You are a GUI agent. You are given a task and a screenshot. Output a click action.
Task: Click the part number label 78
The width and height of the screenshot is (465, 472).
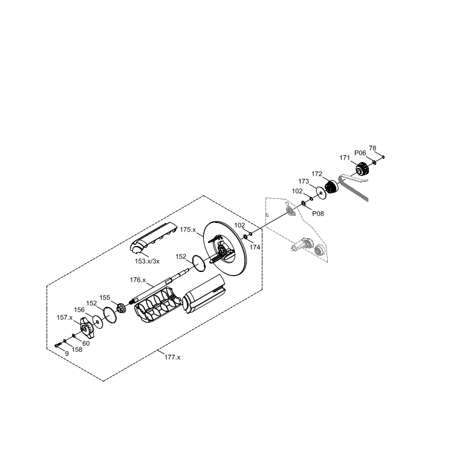click(372, 148)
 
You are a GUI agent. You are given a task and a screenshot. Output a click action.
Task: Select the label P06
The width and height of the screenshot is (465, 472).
click(360, 154)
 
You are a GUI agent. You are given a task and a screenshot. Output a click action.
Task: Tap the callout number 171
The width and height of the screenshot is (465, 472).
click(345, 158)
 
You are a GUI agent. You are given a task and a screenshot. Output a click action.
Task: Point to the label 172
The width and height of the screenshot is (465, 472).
click(317, 174)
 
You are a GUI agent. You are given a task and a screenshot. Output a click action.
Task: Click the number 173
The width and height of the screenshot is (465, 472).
click(304, 181)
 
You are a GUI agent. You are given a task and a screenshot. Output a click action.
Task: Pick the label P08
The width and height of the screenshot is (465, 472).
click(318, 213)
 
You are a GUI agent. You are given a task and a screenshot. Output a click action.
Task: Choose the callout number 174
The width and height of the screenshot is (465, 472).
click(255, 247)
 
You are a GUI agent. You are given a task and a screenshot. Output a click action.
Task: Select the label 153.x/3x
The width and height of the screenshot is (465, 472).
click(147, 261)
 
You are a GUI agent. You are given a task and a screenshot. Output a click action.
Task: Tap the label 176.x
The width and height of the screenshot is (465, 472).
click(138, 280)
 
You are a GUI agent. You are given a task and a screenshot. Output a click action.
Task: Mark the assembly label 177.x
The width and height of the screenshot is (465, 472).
click(172, 357)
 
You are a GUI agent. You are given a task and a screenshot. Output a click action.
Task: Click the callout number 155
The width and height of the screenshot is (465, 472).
click(105, 297)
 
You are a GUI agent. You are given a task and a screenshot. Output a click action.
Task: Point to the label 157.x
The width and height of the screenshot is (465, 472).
click(65, 317)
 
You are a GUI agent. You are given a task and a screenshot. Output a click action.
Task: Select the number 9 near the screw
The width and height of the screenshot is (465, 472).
click(67, 354)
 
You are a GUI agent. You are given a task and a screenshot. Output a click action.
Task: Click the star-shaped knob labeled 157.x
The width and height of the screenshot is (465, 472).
click(86, 329)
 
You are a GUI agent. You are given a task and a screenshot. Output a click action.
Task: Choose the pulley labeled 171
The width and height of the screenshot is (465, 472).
click(362, 170)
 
